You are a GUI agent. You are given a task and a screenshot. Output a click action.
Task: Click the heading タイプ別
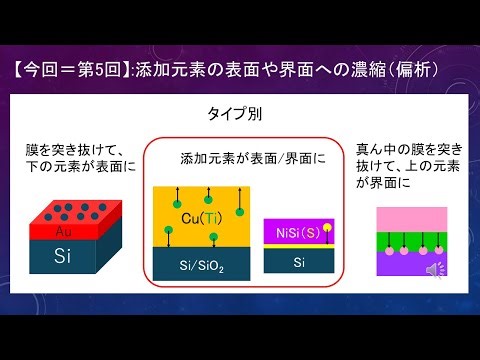coord(240,115)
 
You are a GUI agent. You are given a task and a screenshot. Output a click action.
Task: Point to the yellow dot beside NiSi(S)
coord(326,227)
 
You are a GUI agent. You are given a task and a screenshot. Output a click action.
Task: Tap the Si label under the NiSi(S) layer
coord(297,262)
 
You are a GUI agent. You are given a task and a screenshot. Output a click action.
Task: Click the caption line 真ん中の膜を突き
coord(409,148)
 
